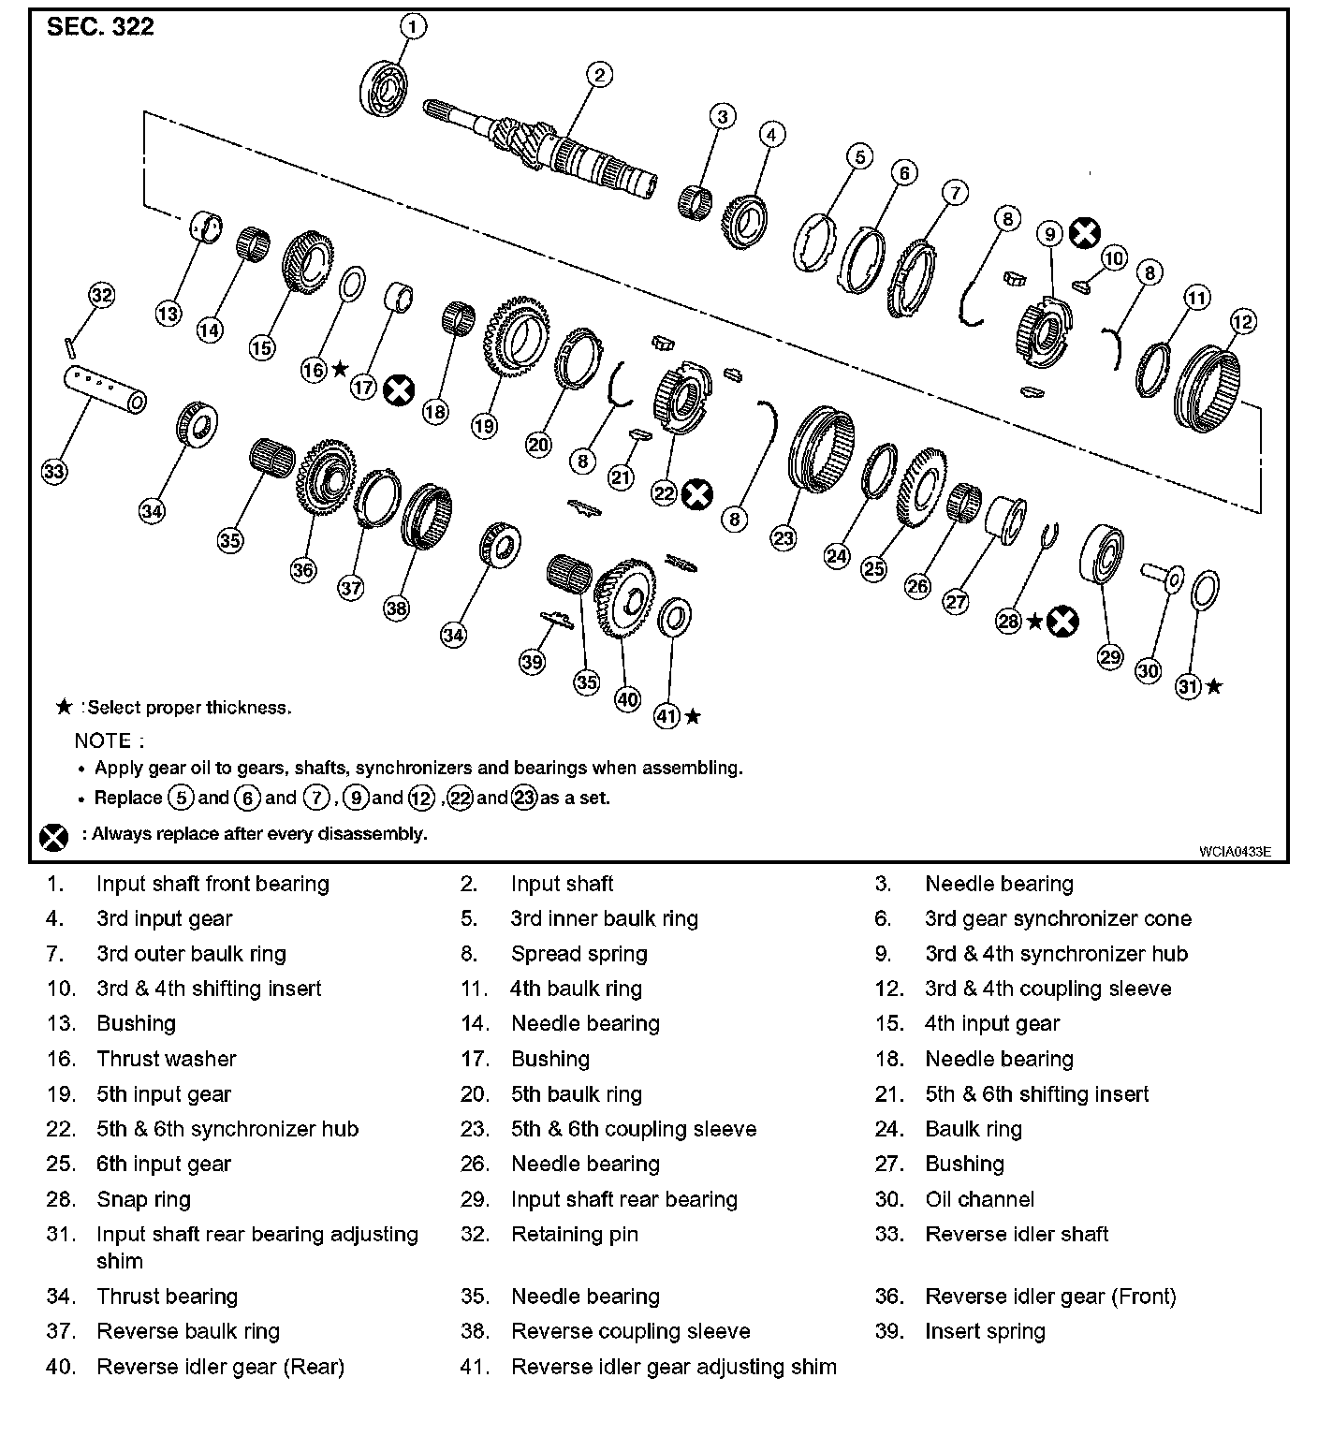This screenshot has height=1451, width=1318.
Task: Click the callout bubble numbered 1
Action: coord(413,26)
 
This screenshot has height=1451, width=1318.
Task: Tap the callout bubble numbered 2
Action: coord(599,75)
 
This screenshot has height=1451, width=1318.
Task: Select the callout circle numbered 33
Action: coord(54,471)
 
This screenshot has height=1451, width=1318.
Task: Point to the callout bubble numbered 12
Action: coord(1241,322)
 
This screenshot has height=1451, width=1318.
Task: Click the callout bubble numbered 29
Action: coord(1110,656)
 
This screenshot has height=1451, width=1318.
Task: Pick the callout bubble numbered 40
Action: coord(627,699)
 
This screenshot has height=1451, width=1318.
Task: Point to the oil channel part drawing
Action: coord(1162,577)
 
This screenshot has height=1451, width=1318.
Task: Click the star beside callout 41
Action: coord(693,717)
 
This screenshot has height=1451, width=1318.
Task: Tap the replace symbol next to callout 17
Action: coord(400,390)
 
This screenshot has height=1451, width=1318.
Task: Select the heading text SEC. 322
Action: coord(100,27)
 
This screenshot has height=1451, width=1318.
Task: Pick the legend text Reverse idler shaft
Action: coord(1017,1234)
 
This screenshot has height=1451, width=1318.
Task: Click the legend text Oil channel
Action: coord(980,1199)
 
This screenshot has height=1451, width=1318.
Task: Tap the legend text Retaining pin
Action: coord(575,1234)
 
